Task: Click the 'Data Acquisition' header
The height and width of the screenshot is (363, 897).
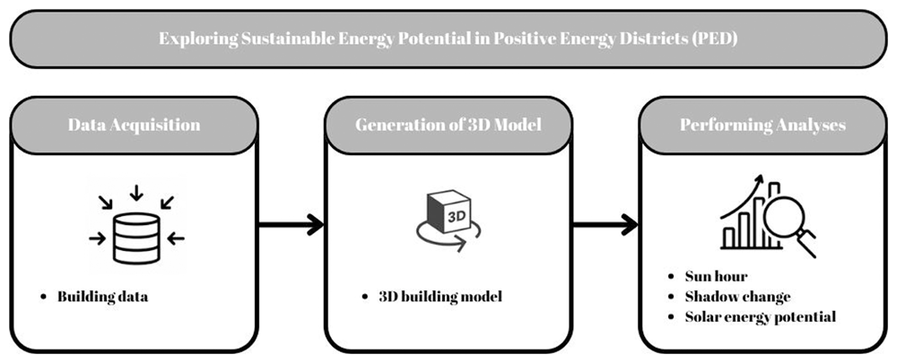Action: point(134,125)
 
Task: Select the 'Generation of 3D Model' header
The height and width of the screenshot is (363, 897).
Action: point(448,125)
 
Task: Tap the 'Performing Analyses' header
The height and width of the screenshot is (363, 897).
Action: point(762,125)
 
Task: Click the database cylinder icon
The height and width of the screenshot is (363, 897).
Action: point(136,238)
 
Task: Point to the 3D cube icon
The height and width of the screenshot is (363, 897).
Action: point(449,212)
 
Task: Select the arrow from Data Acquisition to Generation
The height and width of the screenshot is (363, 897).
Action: point(291,225)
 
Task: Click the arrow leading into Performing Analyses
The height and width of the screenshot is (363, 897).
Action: point(605,225)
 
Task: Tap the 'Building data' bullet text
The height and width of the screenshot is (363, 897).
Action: point(102,298)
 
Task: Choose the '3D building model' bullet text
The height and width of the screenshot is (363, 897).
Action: point(440,298)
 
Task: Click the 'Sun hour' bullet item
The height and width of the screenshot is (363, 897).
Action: point(716,277)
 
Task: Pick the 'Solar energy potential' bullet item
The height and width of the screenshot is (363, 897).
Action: point(761,316)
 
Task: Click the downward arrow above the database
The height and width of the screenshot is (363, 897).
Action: point(136,193)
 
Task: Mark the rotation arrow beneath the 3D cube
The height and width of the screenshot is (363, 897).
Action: point(448,238)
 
